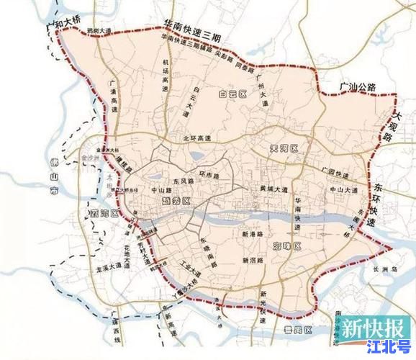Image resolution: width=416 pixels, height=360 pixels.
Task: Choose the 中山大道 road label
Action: [343, 189]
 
